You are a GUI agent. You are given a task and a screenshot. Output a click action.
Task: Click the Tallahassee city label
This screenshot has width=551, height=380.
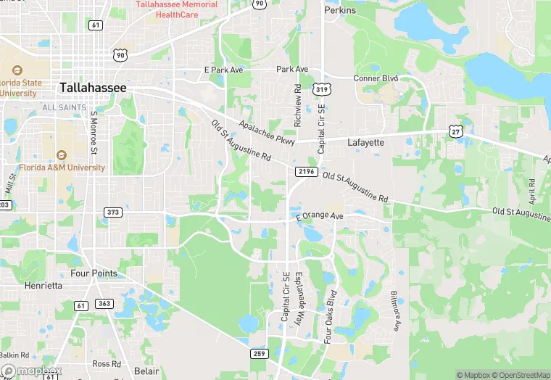[93, 87]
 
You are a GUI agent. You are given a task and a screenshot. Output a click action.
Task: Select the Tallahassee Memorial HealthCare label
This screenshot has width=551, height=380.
[177, 9]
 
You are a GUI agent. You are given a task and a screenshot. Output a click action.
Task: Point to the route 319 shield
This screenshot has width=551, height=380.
[321, 89]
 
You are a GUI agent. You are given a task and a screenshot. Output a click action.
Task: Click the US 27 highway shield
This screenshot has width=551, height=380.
[455, 130]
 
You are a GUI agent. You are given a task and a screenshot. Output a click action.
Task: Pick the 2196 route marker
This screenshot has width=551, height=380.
[306, 171]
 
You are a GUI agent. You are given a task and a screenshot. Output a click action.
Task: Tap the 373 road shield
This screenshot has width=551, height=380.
[112, 212]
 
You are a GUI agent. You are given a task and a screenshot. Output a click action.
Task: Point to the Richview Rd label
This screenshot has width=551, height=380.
[297, 105]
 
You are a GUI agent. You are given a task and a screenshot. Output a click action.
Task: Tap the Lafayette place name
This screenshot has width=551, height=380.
[365, 143]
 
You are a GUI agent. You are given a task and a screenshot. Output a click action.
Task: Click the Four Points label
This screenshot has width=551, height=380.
[94, 273]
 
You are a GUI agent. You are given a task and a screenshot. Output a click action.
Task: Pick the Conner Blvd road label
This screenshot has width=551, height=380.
[376, 78]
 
